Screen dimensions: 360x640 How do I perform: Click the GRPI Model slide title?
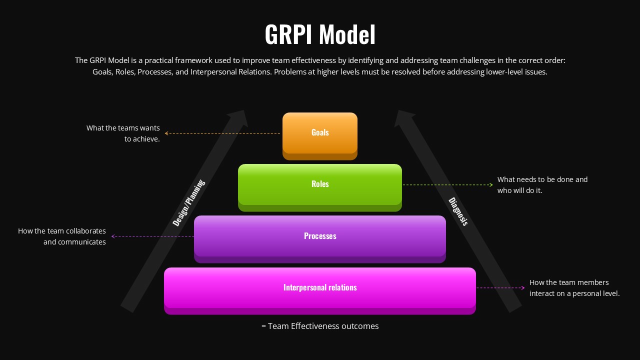pyautogui.click(x=320, y=35)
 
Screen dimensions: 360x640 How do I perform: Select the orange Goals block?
pyautogui.click(x=320, y=133)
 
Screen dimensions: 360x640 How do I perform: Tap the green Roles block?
pyautogui.click(x=320, y=184)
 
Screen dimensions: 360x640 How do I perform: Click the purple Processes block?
pyautogui.click(x=320, y=236)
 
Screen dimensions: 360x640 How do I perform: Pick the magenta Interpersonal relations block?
pyautogui.click(x=320, y=288)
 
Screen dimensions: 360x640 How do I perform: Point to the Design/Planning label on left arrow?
pyautogui.click(x=189, y=203)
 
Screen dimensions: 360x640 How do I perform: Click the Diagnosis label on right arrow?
pyautogui.click(x=458, y=211)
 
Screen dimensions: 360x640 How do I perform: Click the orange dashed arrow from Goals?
pyautogui.click(x=222, y=133)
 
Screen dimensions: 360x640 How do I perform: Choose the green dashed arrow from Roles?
pyautogui.click(x=447, y=185)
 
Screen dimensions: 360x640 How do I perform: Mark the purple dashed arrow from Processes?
pyautogui.click(x=152, y=236)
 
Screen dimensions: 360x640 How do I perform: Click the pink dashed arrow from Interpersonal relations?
pyautogui.click(x=500, y=288)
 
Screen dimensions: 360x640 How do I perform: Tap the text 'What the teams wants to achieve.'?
pyautogui.click(x=123, y=133)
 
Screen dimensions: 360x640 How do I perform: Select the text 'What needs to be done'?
pyautogui.click(x=542, y=179)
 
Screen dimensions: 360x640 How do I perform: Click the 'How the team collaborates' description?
pyautogui.click(x=62, y=231)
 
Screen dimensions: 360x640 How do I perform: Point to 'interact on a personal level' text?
pyautogui.click(x=574, y=293)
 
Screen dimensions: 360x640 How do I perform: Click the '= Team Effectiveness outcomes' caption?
pyautogui.click(x=320, y=326)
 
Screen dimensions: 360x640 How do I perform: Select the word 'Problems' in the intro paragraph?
pyautogui.click(x=290, y=71)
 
